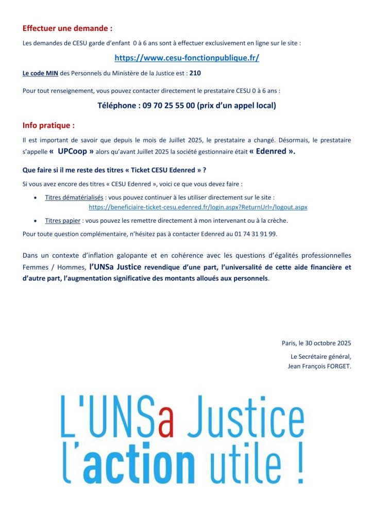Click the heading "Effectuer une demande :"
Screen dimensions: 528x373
[x=67, y=28]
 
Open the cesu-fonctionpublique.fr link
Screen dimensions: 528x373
[x=186, y=58]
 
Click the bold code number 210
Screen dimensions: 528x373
[x=195, y=73]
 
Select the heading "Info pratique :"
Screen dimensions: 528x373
[x=48, y=125]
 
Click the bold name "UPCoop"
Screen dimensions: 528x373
[x=72, y=152]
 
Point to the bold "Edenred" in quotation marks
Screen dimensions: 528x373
[x=272, y=152]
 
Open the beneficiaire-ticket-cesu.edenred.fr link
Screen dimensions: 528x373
[x=198, y=207]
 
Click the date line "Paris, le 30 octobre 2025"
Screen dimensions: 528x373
[x=316, y=343]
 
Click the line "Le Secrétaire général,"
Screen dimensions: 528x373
[x=320, y=356]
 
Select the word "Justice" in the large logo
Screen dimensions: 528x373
[x=243, y=416]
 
